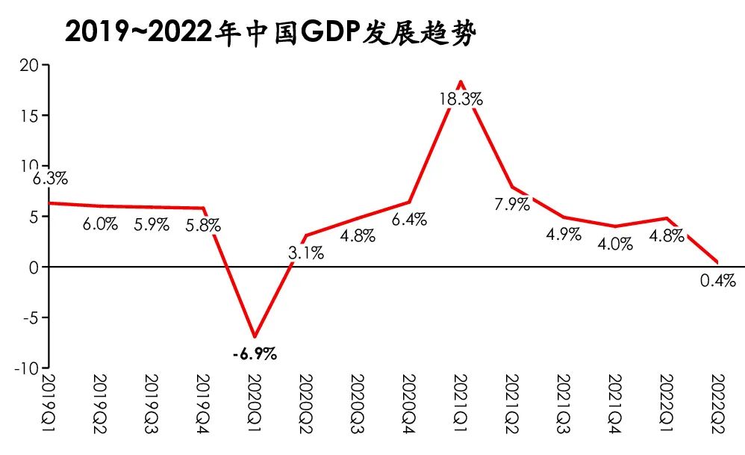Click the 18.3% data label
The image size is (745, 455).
point(461,99)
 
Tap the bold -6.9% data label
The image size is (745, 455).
point(255,354)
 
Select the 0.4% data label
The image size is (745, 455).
point(718,281)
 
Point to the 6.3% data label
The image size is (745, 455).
point(51,179)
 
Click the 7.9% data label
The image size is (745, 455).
point(512,204)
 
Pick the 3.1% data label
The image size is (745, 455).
point(306,253)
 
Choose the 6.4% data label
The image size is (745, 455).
point(409,220)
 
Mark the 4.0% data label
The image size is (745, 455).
point(615,244)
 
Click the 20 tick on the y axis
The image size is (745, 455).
point(29,65)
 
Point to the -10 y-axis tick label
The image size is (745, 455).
point(26,368)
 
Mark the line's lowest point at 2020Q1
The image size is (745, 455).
point(255,336)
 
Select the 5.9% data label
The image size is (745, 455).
point(152,224)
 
